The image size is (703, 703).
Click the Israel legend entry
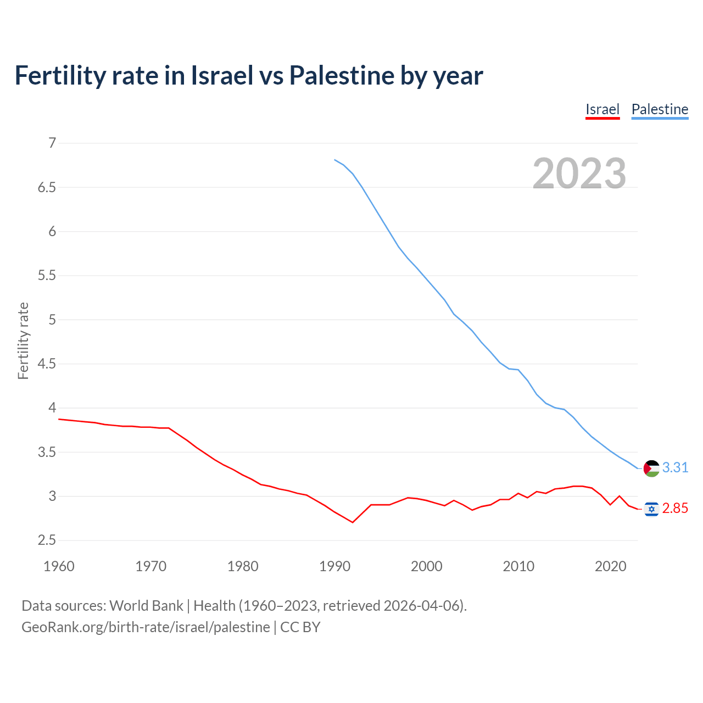(x=602, y=109)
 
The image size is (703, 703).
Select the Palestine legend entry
(x=660, y=109)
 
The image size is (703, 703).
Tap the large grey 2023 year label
(x=579, y=174)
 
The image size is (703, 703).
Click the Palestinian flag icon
(x=651, y=468)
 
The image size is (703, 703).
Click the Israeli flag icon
(x=651, y=509)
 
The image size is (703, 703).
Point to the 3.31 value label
(x=675, y=467)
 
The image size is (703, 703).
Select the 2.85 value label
(x=675, y=509)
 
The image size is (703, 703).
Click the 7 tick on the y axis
(x=53, y=143)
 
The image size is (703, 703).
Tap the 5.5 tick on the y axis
(x=47, y=276)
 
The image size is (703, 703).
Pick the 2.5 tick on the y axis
(x=47, y=540)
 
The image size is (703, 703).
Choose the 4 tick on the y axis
(x=53, y=408)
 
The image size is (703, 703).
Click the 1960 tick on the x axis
(x=59, y=566)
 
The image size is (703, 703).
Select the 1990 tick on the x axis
(x=334, y=566)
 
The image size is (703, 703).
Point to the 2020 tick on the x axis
(x=610, y=566)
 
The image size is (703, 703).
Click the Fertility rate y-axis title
(x=23, y=341)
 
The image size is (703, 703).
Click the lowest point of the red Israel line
(x=353, y=522)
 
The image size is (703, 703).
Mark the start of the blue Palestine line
(x=334, y=160)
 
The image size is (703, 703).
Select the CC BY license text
(x=300, y=627)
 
